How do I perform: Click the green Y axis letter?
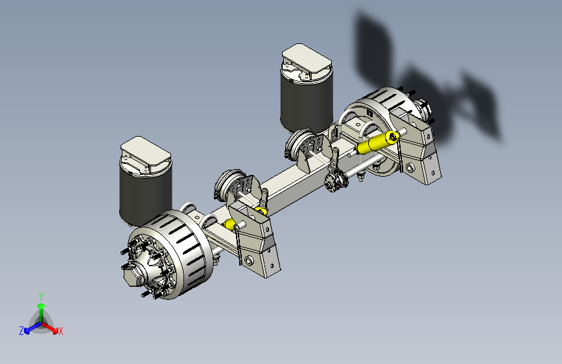(41, 296)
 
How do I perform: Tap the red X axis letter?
(60, 331)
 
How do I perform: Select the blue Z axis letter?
(21, 331)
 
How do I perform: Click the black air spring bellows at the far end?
(306, 104)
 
